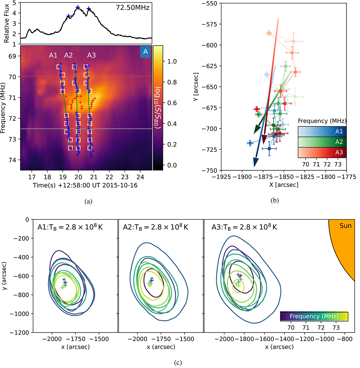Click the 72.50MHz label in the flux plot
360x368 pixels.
tap(133, 8)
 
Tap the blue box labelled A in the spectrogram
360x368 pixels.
tap(145, 52)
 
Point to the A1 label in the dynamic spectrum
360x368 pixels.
tap(53, 55)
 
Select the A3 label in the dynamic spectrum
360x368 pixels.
tap(91, 55)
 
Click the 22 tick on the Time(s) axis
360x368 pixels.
tap(109, 177)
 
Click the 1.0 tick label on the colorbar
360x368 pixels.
tap(172, 61)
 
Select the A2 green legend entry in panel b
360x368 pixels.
tap(322, 142)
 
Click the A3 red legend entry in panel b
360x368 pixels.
tap(322, 152)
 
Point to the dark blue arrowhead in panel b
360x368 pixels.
tap(255, 163)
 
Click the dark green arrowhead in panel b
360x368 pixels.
tap(256, 130)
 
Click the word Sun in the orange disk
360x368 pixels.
tap(345, 226)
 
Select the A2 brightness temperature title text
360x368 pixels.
tap(155, 227)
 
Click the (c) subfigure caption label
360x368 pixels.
tap(178, 363)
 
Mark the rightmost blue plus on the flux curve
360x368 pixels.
tap(88, 8)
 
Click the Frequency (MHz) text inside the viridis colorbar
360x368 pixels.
tap(314, 316)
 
